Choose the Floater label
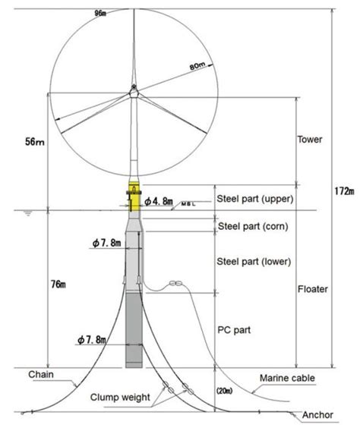point(312,290)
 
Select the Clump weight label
point(128,396)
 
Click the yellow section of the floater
point(134,197)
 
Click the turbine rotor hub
point(134,94)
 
